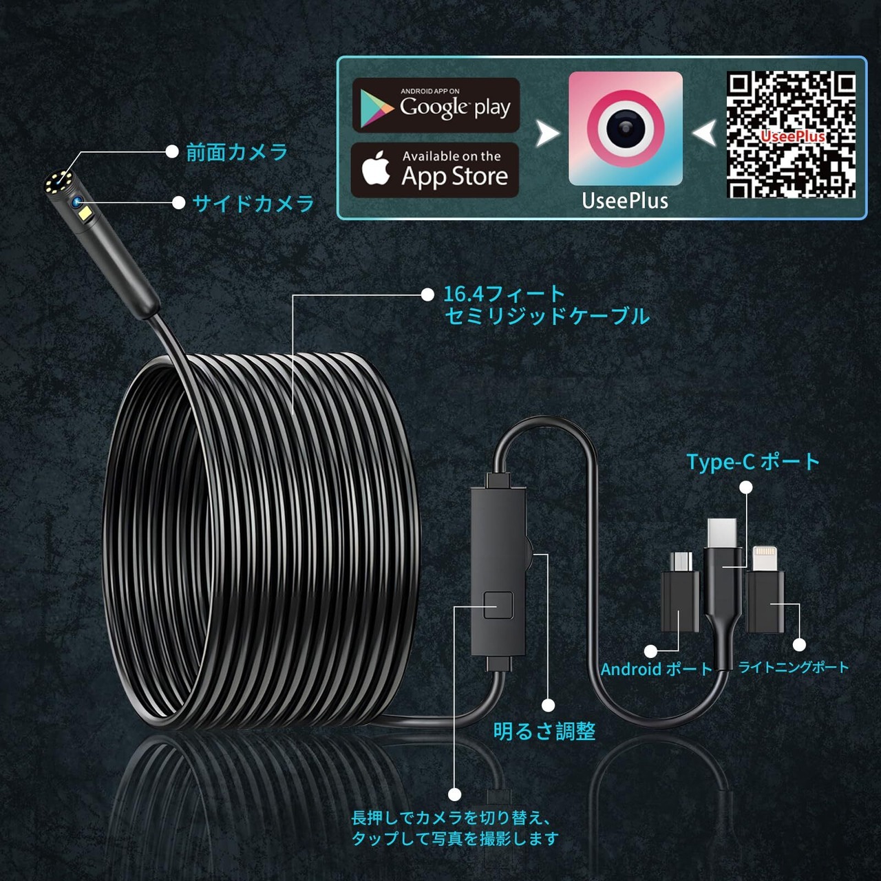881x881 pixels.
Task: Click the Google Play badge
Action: tap(436, 105)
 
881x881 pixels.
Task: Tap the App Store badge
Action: tap(435, 170)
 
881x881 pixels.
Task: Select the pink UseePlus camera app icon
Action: tap(625, 129)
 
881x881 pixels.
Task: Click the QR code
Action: tap(792, 135)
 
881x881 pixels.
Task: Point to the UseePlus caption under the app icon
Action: tap(625, 201)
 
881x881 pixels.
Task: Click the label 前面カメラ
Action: tap(237, 152)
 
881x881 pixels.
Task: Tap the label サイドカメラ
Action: tap(253, 203)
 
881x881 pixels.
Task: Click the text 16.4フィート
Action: tap(503, 294)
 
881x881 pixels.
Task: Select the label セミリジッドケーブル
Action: tap(547, 317)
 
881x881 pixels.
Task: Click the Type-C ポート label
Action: tap(753, 462)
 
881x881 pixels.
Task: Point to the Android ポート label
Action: tap(656, 669)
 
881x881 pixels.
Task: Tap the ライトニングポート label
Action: tap(794, 667)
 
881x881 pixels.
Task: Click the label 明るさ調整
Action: tap(544, 731)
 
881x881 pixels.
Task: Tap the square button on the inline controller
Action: tap(498, 605)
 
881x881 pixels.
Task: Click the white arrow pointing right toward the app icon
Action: tap(548, 134)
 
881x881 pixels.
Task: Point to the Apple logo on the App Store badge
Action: tap(376, 169)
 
